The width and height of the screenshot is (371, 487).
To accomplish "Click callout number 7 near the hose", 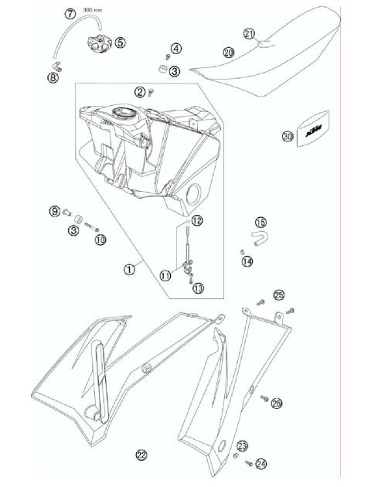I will (70, 14).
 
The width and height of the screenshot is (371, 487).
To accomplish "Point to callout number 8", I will (53, 77).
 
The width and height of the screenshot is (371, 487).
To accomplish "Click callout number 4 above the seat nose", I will (176, 49).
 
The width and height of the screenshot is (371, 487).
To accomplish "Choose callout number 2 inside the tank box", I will (140, 91).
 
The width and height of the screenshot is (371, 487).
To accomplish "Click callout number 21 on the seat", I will (249, 33).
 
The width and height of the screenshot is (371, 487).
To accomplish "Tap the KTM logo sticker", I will (312, 135).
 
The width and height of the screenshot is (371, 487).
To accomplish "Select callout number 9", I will (55, 211).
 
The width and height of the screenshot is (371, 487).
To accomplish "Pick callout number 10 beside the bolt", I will (100, 240).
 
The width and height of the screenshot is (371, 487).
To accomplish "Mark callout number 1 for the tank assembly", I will (130, 270).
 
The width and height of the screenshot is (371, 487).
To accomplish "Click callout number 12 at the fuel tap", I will (197, 221).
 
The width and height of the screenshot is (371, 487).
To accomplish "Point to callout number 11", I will (165, 274).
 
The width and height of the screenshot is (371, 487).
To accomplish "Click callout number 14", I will (247, 261).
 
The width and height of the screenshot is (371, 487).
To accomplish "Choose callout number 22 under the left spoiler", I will (141, 455).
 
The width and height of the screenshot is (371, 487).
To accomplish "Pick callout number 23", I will (242, 446).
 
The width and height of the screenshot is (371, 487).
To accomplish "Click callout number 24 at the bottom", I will (261, 464).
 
